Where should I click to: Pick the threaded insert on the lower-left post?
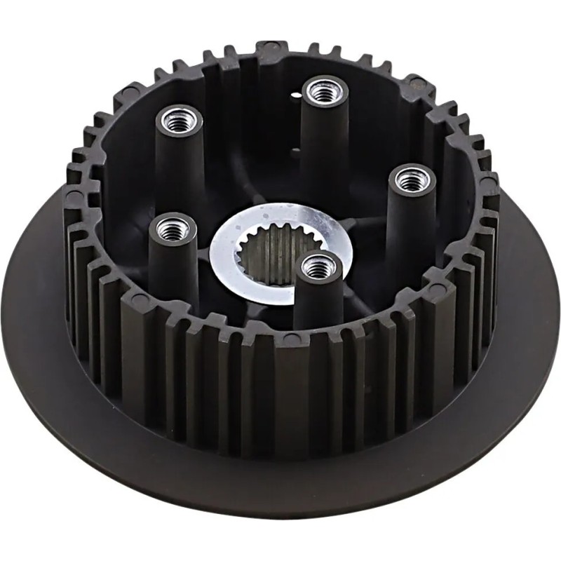tap(171, 227)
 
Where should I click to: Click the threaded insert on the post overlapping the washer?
tap(317, 266)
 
